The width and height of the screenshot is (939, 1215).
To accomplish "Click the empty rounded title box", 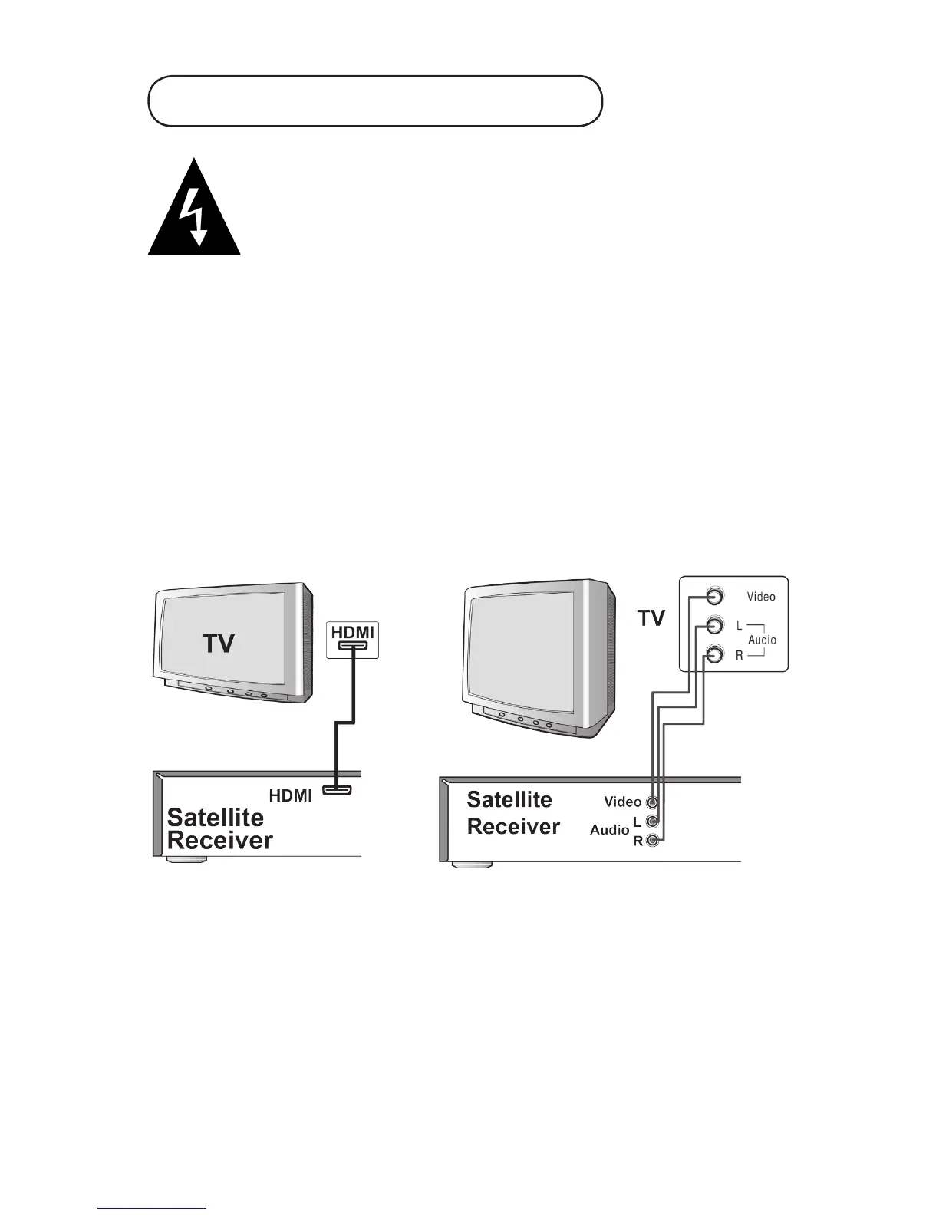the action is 375,100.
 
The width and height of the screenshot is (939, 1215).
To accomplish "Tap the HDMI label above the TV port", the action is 353,633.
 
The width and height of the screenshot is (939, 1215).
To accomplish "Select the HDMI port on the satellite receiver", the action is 337,790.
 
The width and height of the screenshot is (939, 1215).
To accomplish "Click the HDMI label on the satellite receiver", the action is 290,796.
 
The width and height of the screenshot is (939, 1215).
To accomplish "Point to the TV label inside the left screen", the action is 219,643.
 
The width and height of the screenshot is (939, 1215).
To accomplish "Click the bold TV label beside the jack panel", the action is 651,618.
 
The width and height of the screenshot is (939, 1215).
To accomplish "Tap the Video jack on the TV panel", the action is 714,596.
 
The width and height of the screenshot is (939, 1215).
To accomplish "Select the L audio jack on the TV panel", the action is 714,625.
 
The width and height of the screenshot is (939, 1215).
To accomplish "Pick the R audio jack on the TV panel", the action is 714,655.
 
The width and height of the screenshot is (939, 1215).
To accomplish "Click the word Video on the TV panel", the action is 761,597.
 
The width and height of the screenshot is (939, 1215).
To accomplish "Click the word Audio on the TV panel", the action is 762,640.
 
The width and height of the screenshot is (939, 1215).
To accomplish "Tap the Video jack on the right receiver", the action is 652,803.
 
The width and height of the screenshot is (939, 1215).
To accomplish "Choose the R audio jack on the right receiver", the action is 652,841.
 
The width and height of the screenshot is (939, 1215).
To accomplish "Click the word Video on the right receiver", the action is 622,802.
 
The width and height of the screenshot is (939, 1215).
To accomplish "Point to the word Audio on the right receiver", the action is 609,830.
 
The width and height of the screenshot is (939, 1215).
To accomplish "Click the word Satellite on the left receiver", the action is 215,818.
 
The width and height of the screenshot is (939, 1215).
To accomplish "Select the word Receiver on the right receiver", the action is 513,827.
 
